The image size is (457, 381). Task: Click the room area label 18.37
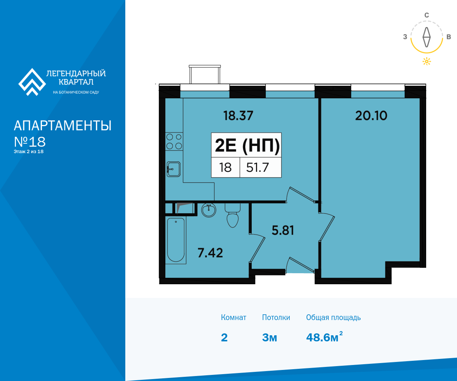click(238, 115)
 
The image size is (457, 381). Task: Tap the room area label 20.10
click(371, 115)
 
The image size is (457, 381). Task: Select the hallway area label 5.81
click(283, 230)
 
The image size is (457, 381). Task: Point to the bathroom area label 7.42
click(210, 253)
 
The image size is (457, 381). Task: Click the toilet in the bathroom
click(232, 215)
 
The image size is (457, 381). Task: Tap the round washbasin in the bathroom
click(209, 210)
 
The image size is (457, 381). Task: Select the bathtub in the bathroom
click(176, 240)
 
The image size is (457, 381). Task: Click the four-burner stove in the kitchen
click(174, 141)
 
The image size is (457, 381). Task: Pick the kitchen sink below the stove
click(174, 169)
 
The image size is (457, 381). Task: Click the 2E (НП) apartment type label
click(247, 146)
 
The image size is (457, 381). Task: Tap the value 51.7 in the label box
click(257, 168)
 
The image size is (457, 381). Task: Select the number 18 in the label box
click(225, 168)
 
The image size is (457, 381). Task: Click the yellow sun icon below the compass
click(427, 61)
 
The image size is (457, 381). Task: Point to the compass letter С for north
click(427, 15)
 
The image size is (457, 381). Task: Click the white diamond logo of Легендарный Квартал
click(32, 82)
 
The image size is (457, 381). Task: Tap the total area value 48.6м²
click(324, 337)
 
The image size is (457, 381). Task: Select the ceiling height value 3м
click(269, 338)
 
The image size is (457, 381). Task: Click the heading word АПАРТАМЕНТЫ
click(62, 126)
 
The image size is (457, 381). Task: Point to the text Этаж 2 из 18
click(29, 152)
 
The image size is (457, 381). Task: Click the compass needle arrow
click(427, 37)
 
